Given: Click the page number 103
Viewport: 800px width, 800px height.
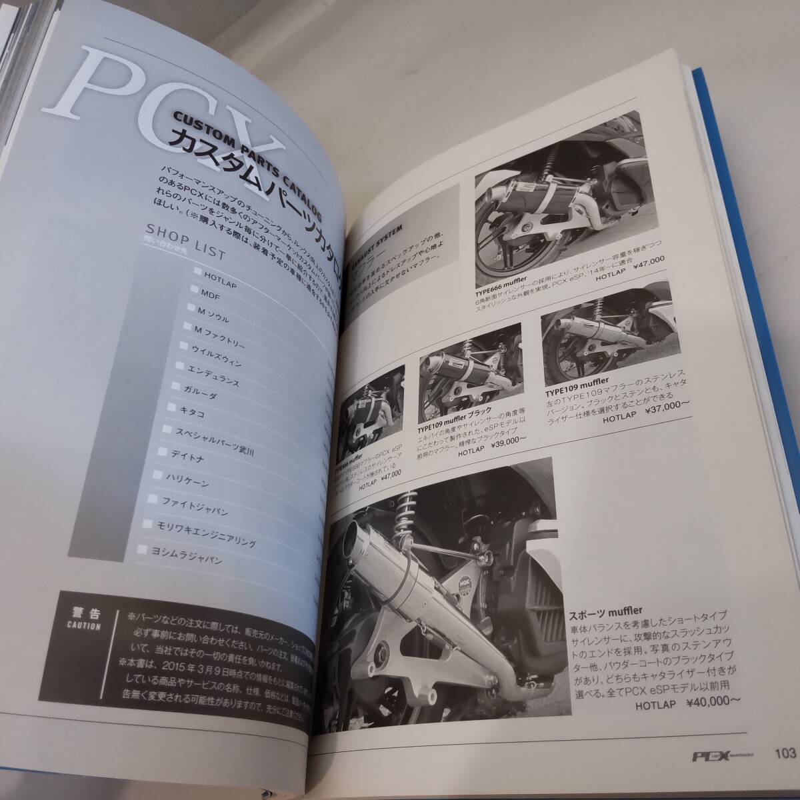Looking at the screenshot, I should tap(785, 754).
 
